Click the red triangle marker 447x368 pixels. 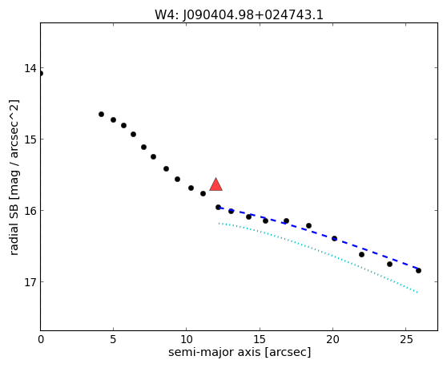215,184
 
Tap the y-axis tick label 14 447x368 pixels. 30,68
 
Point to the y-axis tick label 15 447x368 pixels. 30,140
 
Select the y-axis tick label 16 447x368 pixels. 30,211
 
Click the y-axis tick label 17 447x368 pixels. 30,282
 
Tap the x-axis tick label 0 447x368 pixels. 41,339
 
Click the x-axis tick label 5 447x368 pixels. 114,339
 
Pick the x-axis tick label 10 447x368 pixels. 187,339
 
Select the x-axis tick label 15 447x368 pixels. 260,339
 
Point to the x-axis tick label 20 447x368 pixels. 332,339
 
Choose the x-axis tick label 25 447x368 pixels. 406,339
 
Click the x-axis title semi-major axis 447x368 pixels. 215,353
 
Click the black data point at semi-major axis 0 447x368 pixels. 41,73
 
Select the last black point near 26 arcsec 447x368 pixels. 418,270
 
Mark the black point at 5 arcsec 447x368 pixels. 114,119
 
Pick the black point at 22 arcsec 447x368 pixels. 361,254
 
